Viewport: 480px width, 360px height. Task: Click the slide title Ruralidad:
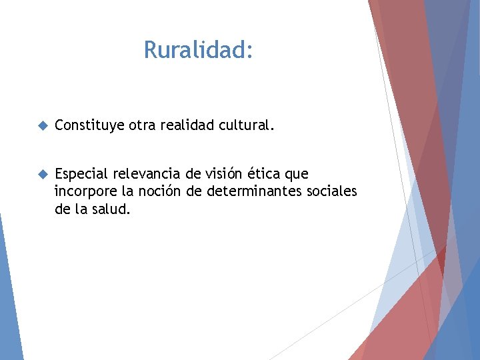[198, 50]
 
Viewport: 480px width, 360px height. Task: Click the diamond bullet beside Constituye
[43, 125]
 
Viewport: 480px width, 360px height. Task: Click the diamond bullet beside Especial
[43, 174]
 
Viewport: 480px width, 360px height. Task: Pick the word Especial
[81, 174]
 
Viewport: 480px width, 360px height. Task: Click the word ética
[266, 174]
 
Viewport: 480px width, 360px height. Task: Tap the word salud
[111, 209]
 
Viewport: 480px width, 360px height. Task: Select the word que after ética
[297, 175]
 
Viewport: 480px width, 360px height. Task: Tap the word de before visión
[193, 174]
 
